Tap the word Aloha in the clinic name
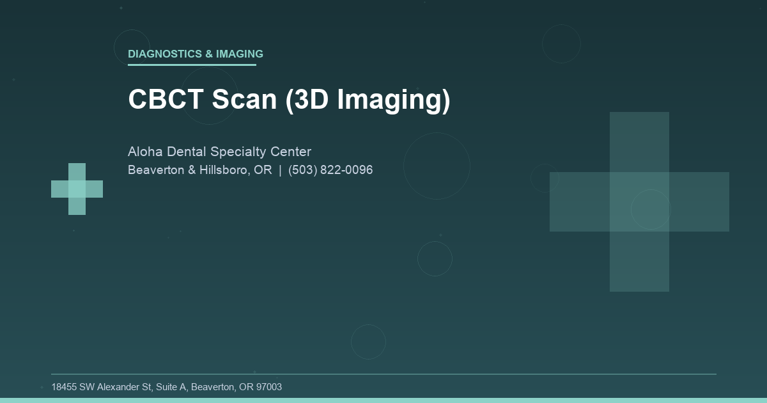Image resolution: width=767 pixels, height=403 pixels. tap(145, 152)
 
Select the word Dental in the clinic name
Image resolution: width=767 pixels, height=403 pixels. tap(186, 152)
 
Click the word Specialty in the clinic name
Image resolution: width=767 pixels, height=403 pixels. tap(240, 152)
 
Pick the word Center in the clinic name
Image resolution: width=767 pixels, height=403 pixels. tap(291, 152)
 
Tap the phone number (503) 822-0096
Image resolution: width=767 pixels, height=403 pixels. tap(330, 171)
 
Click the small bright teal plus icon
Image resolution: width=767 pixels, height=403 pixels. tap(77, 189)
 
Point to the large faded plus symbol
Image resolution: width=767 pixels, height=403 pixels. tap(639, 201)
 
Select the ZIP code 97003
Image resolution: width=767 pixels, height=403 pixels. tap(268, 387)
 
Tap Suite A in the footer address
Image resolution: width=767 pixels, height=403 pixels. tap(173, 387)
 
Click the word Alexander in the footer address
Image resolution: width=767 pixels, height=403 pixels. tap(117, 387)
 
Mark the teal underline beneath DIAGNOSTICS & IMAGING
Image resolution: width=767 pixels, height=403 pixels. tap(192, 65)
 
